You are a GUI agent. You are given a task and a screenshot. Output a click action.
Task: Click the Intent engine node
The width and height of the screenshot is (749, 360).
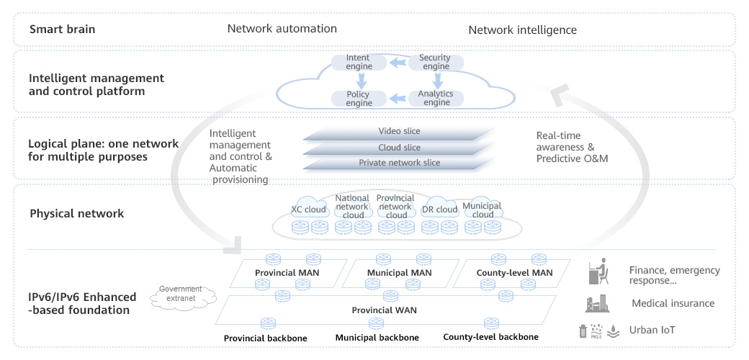tap(358, 62)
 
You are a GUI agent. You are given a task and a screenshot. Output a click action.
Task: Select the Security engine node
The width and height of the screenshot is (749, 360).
tap(436, 62)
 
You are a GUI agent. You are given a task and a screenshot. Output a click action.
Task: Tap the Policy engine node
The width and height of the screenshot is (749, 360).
tap(359, 99)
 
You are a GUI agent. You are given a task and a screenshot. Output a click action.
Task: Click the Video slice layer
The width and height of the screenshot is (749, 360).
tap(399, 132)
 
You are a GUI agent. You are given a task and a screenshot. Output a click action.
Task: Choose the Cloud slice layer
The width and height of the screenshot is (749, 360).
tap(399, 148)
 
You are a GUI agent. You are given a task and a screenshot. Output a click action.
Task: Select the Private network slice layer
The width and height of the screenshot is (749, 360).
tap(399, 163)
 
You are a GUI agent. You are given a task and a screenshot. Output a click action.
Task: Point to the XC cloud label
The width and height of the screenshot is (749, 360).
tap(309, 210)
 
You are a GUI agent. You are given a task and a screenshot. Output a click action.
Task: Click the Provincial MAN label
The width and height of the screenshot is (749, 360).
tap(287, 273)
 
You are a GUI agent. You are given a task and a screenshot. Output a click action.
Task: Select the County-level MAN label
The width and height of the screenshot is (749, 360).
tap(514, 273)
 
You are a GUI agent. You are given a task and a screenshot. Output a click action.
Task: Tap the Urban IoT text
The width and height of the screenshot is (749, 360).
tap(653, 330)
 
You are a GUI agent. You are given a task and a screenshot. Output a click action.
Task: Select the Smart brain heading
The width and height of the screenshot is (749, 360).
tap(63, 30)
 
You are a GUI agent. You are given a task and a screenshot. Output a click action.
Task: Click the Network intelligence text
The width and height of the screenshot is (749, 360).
tap(522, 30)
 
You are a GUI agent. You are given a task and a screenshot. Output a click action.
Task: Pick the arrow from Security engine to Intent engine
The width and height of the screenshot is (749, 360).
tap(398, 63)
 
